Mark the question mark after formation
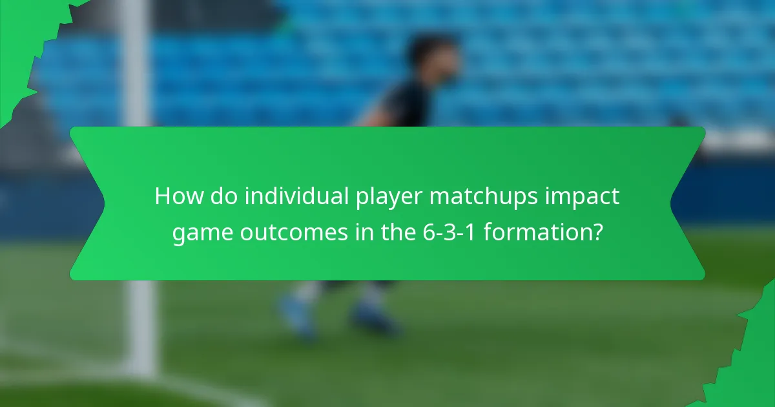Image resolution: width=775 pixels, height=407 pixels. click(597, 232)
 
